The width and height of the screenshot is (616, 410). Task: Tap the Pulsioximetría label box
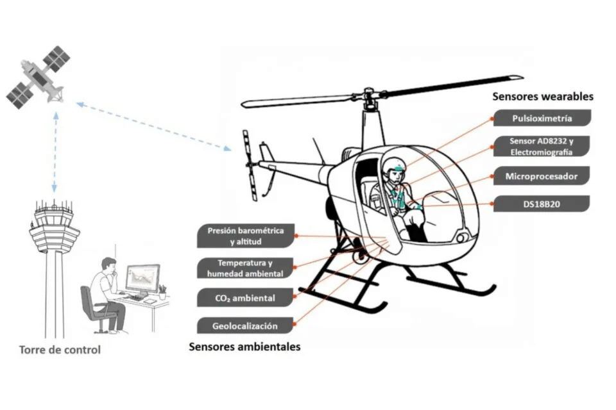[542, 119]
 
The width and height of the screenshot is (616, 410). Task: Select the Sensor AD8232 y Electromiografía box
[541, 146]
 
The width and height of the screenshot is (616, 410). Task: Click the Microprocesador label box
[542, 176]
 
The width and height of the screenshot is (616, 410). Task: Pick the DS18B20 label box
[542, 204]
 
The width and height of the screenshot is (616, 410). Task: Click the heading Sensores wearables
[542, 97]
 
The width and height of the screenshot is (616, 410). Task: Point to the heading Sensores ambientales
[244, 347]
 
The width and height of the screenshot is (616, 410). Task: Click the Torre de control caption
[60, 350]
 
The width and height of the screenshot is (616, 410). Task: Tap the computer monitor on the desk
[142, 278]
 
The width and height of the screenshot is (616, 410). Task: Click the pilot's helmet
[397, 167]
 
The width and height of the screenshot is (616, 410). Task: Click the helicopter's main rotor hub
[369, 98]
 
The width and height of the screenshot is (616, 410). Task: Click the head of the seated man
[109, 265]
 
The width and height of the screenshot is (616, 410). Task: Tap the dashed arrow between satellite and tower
[55, 151]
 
